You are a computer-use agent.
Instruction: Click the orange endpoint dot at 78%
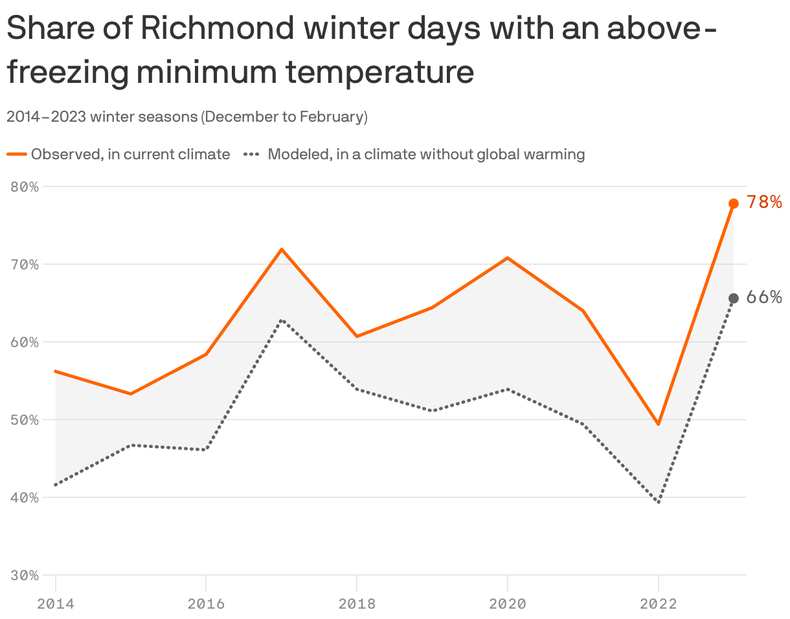pos(734,203)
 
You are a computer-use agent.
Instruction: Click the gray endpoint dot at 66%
pos(734,298)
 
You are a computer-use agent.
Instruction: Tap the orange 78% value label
pos(764,202)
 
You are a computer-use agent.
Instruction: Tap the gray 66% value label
pos(764,297)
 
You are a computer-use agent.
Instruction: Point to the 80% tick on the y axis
pos(25,187)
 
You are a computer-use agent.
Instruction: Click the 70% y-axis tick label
pos(25,265)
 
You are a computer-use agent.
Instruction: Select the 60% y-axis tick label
pos(25,343)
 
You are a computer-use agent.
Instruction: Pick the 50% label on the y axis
pos(25,420)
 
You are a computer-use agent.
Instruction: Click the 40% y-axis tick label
pos(25,498)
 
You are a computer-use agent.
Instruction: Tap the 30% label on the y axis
pos(25,576)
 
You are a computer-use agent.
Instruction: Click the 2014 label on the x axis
pos(56,604)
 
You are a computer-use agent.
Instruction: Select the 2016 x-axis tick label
pos(206,604)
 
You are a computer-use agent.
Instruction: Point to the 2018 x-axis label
pos(357,604)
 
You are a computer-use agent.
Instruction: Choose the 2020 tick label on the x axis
pos(508,604)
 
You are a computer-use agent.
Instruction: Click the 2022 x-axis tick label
pos(659,604)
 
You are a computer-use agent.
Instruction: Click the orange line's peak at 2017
pos(282,249)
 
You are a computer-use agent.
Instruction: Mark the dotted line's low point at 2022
pos(659,502)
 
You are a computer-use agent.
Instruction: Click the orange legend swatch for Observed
pos(17,154)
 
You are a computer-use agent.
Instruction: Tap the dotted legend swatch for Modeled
pos(252,154)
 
